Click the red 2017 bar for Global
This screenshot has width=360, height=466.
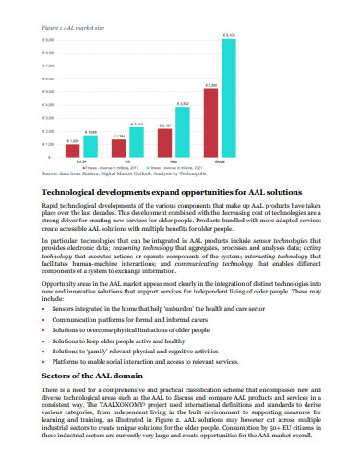212,124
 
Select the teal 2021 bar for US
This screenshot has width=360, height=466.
136,142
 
